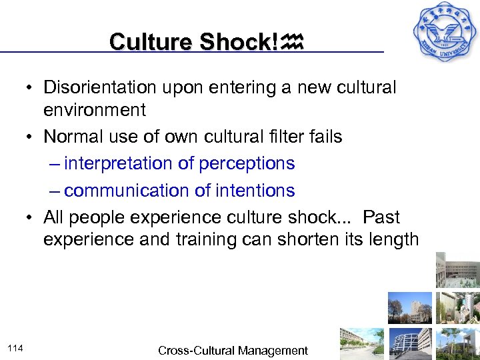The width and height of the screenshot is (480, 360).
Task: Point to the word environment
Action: coord(94,109)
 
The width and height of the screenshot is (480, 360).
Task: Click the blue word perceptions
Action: coord(250,163)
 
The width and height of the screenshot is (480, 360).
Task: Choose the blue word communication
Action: coord(122,191)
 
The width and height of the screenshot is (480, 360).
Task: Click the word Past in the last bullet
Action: coord(382,217)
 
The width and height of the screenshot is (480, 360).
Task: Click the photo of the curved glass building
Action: coord(411,343)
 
